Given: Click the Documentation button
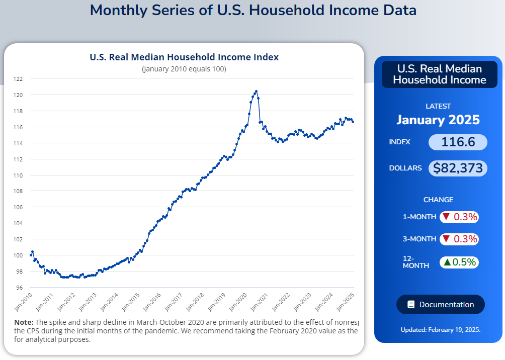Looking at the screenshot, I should click(441, 305).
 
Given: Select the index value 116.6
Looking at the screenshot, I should click(458, 142).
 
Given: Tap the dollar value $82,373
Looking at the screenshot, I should click(458, 168).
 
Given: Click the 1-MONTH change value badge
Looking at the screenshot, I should click(459, 217).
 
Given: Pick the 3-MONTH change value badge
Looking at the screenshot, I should click(459, 239).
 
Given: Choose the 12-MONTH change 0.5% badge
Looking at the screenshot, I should click(459, 262).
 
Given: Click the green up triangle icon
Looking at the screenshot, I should click(447, 262).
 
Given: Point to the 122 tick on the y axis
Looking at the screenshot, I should click(18, 79).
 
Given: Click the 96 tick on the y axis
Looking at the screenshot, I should click(19, 288).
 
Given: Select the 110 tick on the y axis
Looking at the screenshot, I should click(18, 175).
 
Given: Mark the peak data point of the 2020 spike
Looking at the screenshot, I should click(257, 92).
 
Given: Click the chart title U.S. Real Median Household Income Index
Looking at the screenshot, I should click(184, 57).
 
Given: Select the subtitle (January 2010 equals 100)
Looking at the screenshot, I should click(184, 69).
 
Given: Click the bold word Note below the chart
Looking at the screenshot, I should click(23, 322).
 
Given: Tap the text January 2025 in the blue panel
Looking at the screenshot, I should click(438, 120).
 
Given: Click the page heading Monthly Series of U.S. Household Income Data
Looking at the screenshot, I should click(253, 10).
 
